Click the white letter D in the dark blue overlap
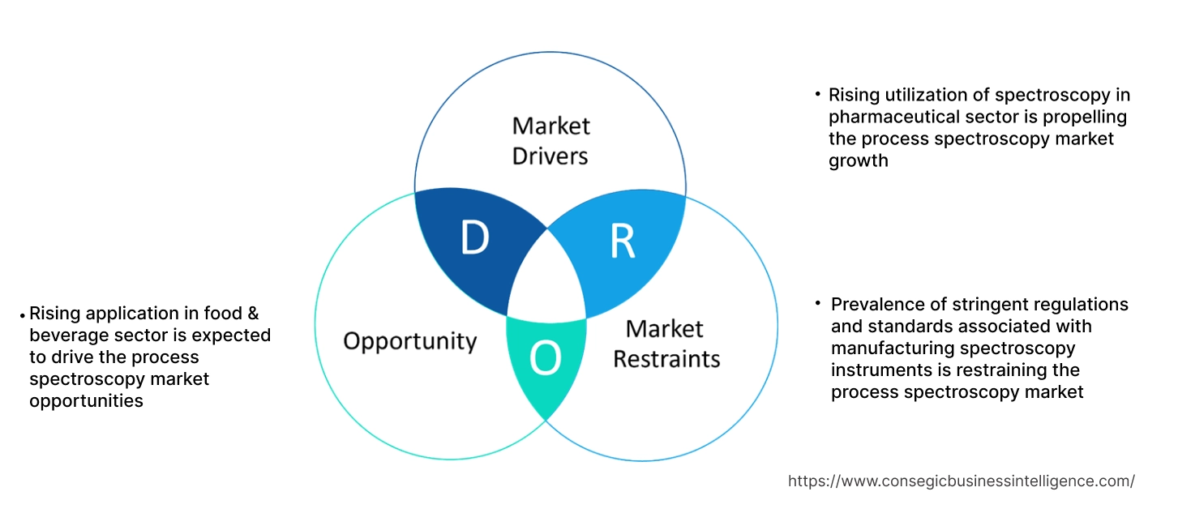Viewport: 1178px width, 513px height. tap(475, 237)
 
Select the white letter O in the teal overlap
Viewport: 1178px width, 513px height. tap(545, 359)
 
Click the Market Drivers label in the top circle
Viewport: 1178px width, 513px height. tap(550, 140)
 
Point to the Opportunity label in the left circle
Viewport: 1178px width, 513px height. tap(409, 340)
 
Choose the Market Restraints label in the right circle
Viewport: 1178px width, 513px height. tap(666, 343)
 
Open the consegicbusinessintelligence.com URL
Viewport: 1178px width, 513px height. tap(961, 481)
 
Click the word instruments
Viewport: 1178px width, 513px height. tap(879, 370)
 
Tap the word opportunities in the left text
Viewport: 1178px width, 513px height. tap(86, 401)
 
